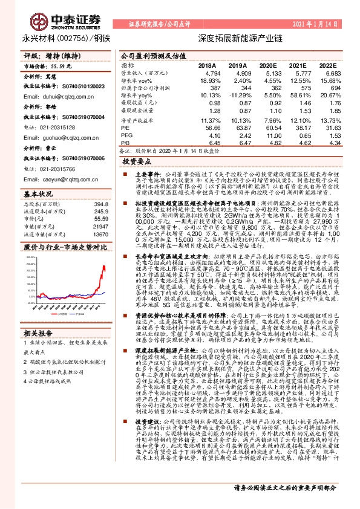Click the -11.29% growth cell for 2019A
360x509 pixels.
[236, 94]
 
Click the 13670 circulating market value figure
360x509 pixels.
[83, 233]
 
